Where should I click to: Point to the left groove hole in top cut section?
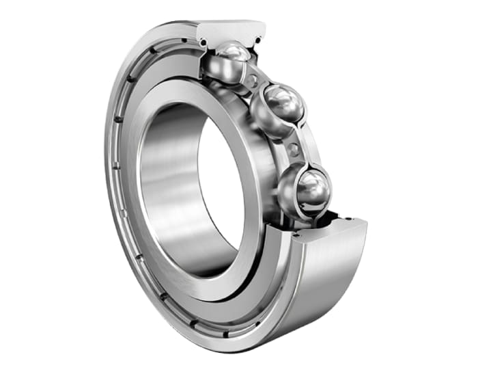coord(203,42)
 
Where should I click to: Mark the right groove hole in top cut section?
coord(260,40)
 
